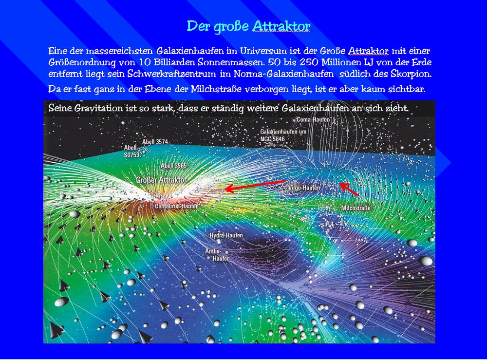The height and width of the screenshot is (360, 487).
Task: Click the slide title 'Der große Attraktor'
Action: (x=248, y=26)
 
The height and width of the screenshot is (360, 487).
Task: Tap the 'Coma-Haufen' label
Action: (x=313, y=119)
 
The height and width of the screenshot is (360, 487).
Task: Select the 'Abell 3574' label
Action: (x=155, y=142)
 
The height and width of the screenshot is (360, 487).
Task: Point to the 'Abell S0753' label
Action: (x=131, y=152)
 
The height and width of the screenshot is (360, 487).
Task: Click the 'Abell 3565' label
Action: (x=174, y=166)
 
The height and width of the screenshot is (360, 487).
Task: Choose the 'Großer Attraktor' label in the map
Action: (x=162, y=180)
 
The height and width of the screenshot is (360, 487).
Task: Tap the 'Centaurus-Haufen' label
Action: (x=177, y=206)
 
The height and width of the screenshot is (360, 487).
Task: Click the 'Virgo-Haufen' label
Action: (x=304, y=188)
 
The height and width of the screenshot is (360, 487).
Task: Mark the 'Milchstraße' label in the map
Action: (x=356, y=208)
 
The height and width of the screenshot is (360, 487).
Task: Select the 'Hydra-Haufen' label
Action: (x=226, y=235)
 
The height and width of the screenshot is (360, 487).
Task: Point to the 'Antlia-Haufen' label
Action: (x=217, y=255)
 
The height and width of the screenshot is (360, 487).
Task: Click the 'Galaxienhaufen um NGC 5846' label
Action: (x=283, y=135)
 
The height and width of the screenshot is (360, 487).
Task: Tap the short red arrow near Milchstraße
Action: (x=349, y=189)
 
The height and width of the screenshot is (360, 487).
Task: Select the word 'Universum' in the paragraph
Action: (x=263, y=51)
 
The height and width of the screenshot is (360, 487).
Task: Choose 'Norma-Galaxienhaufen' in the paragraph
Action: (x=283, y=74)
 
